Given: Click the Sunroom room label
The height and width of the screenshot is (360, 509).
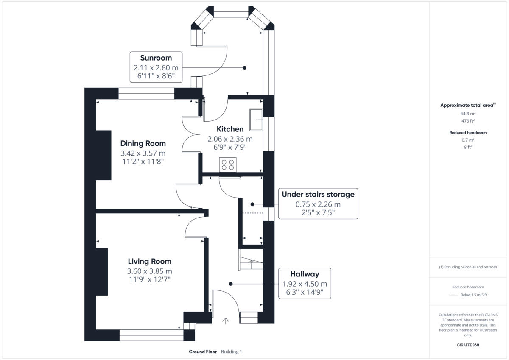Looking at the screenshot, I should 156,58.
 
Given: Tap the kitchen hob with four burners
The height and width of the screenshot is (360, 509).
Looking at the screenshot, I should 228,164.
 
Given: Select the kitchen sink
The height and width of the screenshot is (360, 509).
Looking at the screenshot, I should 256,120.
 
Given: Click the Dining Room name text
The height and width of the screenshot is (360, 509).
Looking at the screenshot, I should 143,143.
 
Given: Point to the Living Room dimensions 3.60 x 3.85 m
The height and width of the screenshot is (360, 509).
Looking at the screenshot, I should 150,271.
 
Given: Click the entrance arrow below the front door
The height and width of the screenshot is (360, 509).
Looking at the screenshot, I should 226,321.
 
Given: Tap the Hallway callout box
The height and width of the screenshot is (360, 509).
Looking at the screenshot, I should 305,283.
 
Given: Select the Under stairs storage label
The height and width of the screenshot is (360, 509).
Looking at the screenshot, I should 318,195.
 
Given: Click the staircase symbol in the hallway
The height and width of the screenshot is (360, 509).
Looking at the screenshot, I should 251,260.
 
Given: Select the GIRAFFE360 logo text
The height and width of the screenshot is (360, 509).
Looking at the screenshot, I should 468,345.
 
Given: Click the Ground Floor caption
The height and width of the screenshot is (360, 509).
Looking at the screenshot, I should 203,352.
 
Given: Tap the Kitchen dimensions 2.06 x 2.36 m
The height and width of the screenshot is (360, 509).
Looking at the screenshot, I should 230,139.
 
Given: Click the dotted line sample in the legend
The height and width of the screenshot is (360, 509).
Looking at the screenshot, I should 453,295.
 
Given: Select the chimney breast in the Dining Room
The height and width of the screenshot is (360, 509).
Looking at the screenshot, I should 103,155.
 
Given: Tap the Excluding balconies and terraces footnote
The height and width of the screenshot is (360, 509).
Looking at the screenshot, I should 468,267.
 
